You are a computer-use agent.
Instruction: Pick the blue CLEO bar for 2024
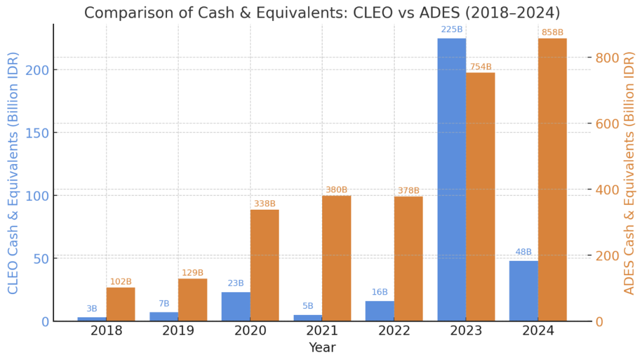[x=524, y=291]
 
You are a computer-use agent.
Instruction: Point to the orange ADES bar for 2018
[x=121, y=304]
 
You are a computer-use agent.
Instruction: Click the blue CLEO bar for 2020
[x=236, y=307]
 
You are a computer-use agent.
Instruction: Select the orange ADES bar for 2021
[x=336, y=258]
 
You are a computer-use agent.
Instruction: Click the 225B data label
[x=452, y=29]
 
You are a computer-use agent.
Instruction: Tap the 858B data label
[x=552, y=32]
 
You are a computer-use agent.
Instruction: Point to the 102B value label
[x=121, y=281]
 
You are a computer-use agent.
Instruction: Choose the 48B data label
[x=524, y=252]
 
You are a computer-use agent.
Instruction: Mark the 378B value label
[x=408, y=190]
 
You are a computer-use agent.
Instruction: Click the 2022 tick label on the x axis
[x=394, y=331]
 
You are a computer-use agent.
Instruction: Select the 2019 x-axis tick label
[x=178, y=331]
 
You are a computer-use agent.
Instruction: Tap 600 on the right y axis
[x=608, y=124]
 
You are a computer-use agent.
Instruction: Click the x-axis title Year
[x=322, y=348]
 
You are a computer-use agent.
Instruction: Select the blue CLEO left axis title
[x=13, y=173]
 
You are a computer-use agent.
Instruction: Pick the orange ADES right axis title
[x=630, y=173]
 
